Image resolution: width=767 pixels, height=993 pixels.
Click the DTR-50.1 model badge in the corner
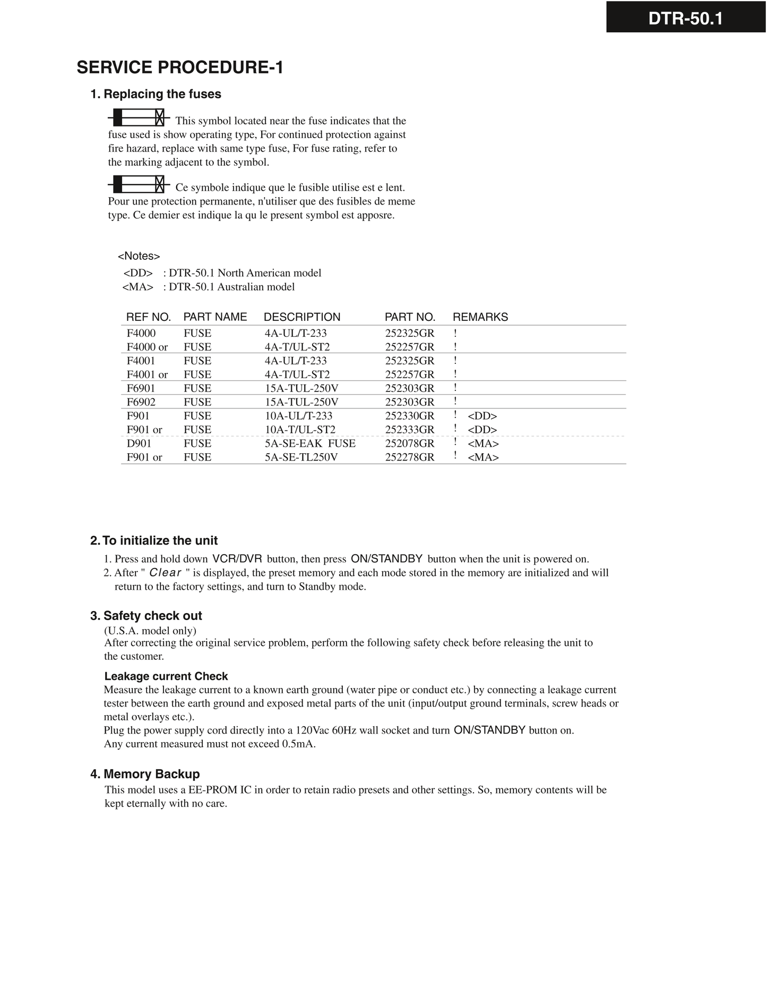coord(685,19)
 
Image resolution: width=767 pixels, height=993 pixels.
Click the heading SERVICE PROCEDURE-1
coord(180,67)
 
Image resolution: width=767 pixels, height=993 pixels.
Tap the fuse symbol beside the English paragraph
coord(139,117)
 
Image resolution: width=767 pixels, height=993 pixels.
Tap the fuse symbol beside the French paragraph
coord(139,184)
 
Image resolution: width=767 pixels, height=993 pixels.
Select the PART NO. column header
coord(410,317)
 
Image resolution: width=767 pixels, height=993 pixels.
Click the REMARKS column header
coord(480,317)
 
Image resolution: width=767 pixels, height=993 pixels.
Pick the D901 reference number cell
coord(139,444)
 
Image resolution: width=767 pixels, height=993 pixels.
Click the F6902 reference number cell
coord(141,402)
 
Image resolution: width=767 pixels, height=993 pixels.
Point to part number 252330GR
coord(409,416)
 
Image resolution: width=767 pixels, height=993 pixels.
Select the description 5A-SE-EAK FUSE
coord(310,444)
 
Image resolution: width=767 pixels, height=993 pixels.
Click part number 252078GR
coord(409,444)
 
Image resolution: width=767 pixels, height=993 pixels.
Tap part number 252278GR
coord(409,457)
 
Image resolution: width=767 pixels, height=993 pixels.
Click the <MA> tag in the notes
coord(137,287)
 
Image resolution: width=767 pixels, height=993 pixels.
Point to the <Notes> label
coord(139,256)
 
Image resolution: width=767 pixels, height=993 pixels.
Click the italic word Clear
coord(166,573)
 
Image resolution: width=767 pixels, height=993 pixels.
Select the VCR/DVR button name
coord(237,559)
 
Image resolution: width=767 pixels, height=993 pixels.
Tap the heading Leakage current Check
coord(166,676)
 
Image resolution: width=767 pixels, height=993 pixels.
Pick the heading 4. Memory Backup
coord(145,774)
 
